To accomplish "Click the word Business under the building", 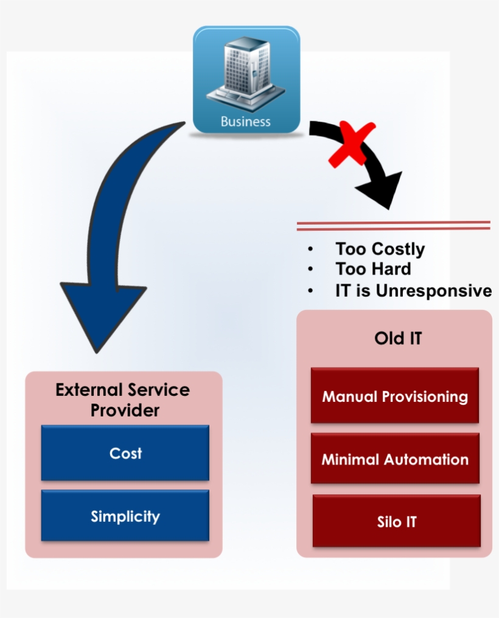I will pos(246,121).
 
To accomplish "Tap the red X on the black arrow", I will pos(351,144).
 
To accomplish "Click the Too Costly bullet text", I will pos(380,249).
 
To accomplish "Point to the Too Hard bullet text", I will pos(373,269).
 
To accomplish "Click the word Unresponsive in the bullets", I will pos(433,290).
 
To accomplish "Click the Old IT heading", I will pos(397,338).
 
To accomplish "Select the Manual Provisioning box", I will pos(394,396).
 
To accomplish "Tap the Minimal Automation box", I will pos(394,459).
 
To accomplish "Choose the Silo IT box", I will pos(396,521).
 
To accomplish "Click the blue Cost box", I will pos(125,453).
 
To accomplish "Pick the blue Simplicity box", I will pos(125,516).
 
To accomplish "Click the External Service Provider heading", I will pos(123,399).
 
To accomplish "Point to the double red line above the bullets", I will pos(393,225).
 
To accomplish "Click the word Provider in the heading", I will pos(125,410).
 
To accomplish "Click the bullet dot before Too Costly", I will pos(311,250).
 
